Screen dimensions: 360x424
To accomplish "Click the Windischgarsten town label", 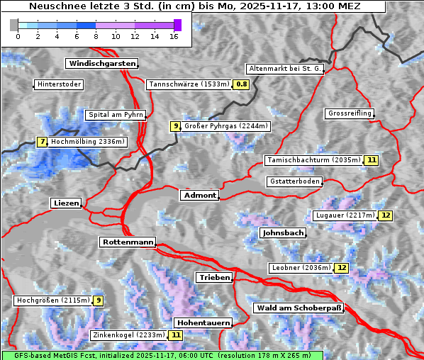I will [101, 64].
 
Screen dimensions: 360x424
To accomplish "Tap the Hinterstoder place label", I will [60, 84].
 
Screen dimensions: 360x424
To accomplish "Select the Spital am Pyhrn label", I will [116, 115].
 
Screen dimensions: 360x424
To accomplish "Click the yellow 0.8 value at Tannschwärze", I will [242, 84].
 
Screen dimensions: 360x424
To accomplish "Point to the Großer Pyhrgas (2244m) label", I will [225, 126].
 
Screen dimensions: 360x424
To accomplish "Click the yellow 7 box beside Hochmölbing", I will [43, 142].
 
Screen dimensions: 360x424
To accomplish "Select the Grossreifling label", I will [350, 113].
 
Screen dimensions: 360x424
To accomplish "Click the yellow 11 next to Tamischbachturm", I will [371, 160].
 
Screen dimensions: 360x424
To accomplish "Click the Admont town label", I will [199, 195].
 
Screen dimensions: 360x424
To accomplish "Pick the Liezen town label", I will [67, 203].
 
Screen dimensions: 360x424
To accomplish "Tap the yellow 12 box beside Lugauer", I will [385, 215].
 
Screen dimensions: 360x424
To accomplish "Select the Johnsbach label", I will [283, 232].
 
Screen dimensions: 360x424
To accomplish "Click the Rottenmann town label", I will [128, 242].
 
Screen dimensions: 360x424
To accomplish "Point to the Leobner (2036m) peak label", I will [301, 268].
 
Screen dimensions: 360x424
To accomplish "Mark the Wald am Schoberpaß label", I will [298, 308].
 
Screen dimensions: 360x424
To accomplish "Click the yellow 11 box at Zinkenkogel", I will [175, 335].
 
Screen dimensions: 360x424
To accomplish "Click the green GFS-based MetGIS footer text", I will [162, 355].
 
